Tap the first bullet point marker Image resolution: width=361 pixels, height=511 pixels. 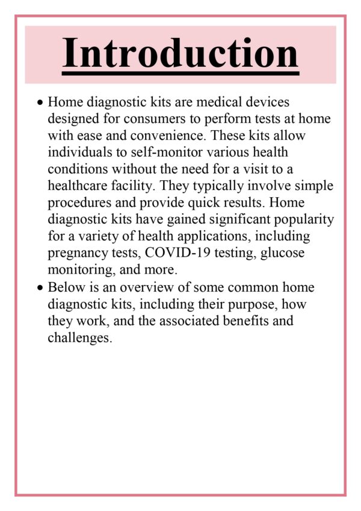click(40, 104)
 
